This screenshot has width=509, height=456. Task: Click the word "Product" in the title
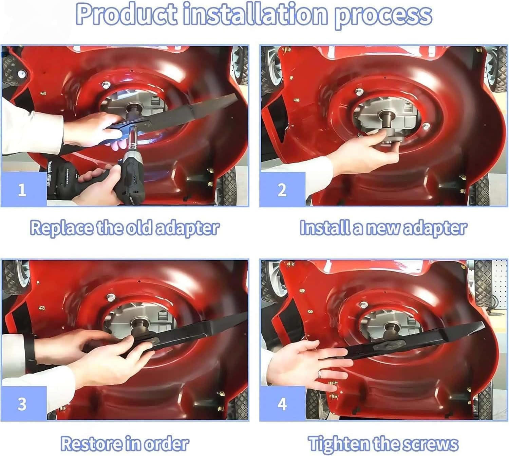(126, 15)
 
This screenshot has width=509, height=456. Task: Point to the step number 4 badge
(282, 404)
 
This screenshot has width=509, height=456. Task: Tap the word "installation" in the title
(256, 15)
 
